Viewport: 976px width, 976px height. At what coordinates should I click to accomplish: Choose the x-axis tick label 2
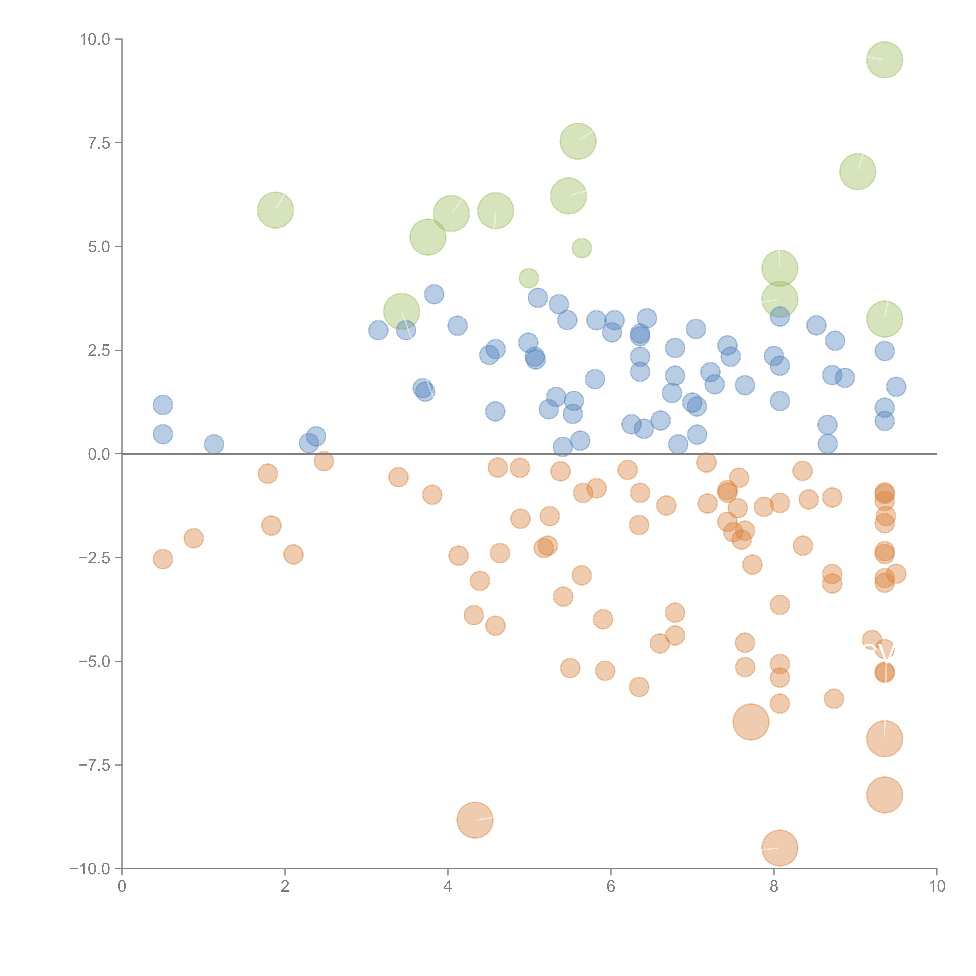(x=285, y=887)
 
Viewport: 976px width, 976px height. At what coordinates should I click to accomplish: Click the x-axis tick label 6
(x=611, y=887)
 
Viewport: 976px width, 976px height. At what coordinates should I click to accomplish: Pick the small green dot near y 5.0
(x=582, y=248)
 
